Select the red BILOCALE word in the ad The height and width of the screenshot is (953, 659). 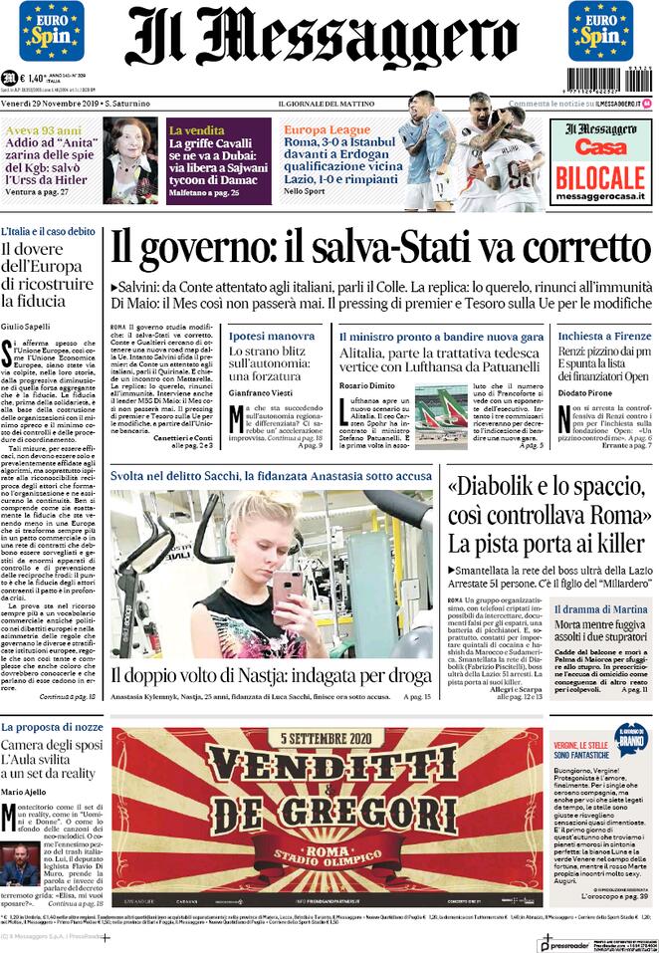(600, 179)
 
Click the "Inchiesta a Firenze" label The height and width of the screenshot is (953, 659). (598, 337)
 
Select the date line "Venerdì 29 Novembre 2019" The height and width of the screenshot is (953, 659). (52, 104)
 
